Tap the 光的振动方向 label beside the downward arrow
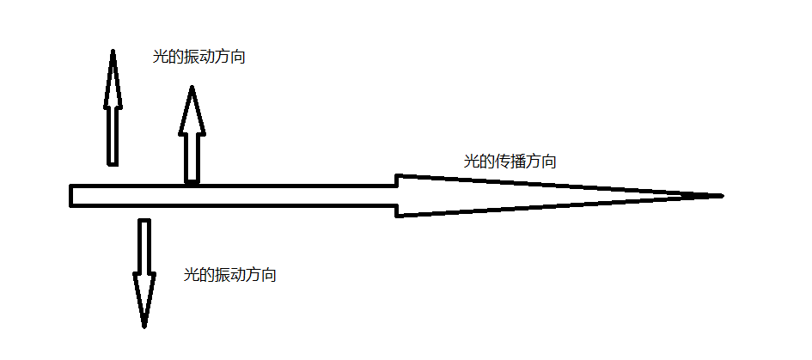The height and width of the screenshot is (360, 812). click(x=230, y=275)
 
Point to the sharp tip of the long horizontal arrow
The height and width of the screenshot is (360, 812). click(x=720, y=196)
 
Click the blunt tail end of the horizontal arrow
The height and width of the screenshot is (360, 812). click(x=72, y=196)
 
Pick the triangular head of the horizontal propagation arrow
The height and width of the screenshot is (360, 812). click(x=516, y=196)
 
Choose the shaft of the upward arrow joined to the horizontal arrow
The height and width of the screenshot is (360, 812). click(x=192, y=158)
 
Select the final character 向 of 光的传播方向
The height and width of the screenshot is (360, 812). click(x=549, y=162)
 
